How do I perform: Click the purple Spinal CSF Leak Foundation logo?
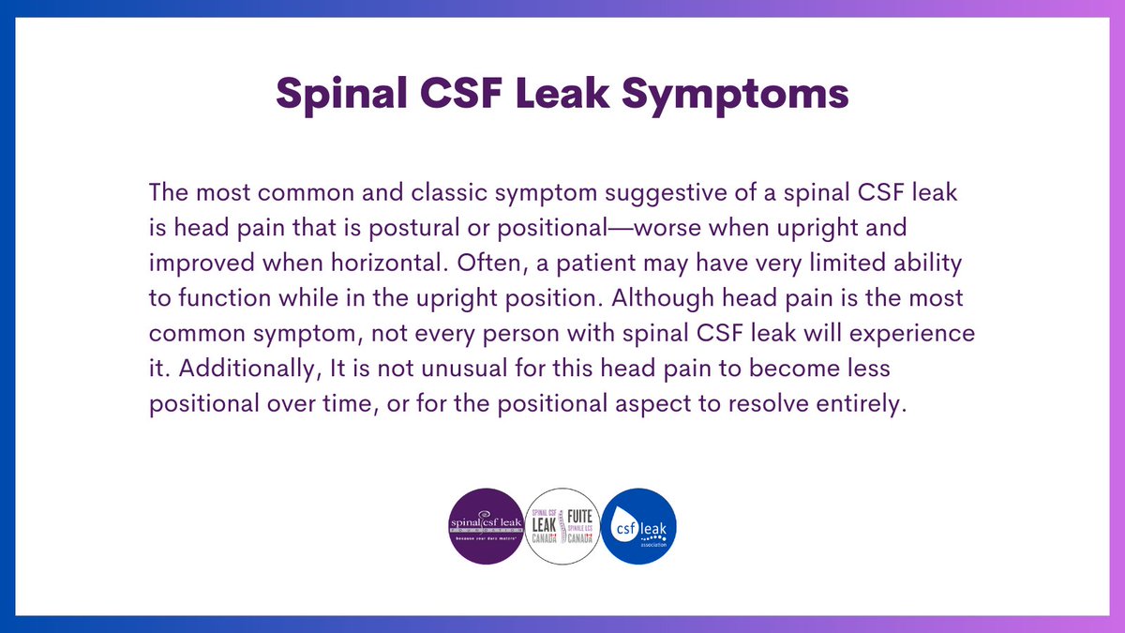486,527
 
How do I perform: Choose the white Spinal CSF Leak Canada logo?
562,527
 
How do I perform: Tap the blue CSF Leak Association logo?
638,527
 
